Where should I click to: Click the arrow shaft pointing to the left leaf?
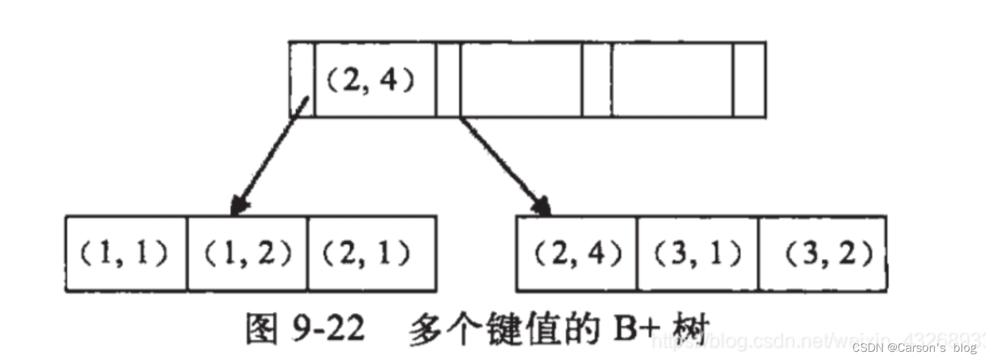pyautogui.click(x=270, y=154)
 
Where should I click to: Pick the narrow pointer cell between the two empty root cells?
pyautogui.click(x=597, y=80)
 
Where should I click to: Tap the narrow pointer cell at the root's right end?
pyautogui.click(x=749, y=80)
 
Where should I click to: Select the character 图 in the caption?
pyautogui.click(x=261, y=328)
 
